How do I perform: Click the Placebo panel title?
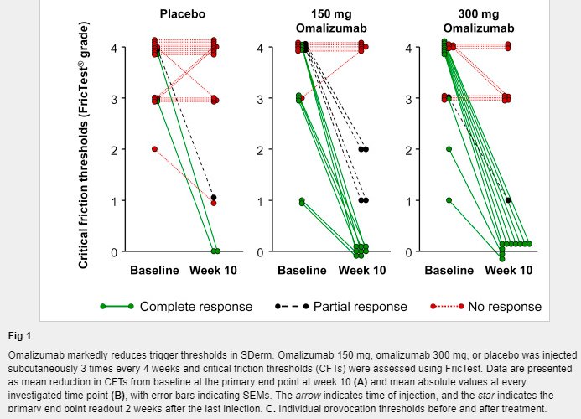(x=183, y=13)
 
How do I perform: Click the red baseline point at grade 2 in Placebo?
(x=154, y=149)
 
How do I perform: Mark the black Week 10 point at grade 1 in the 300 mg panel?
(x=508, y=200)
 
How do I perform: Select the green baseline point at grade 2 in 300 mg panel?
(x=449, y=149)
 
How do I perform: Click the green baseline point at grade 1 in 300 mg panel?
(x=449, y=200)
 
